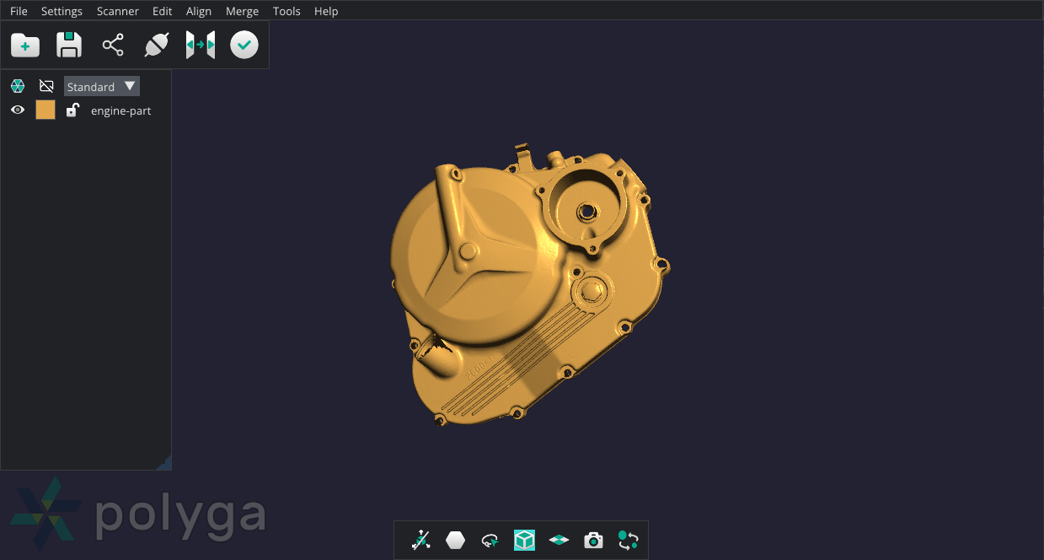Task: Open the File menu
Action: click(19, 11)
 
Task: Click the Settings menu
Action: click(62, 11)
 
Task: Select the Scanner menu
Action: click(118, 11)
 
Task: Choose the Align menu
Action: click(199, 11)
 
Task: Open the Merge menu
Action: click(242, 11)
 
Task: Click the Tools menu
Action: click(286, 11)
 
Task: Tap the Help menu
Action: click(326, 11)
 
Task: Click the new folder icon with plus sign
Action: click(25, 45)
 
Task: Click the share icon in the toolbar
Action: click(113, 45)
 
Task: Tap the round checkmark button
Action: click(244, 45)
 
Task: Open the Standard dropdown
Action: click(102, 86)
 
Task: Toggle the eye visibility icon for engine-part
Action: click(18, 110)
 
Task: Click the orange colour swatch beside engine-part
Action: click(46, 110)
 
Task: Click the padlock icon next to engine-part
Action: click(72, 110)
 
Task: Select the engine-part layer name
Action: click(121, 110)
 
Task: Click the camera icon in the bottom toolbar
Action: click(594, 540)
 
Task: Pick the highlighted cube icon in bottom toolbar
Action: click(524, 540)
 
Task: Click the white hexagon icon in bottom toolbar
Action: click(456, 540)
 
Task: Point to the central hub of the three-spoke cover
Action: click(467, 250)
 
